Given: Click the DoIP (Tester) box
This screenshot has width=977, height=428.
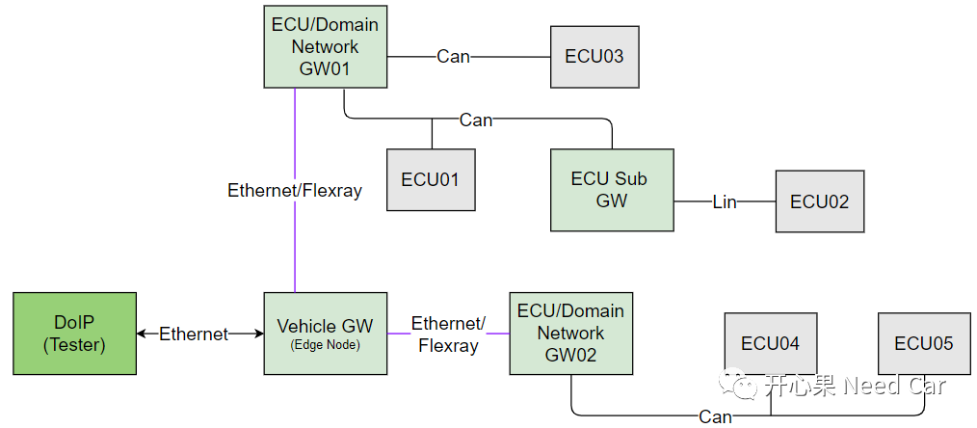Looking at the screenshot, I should tap(74, 334).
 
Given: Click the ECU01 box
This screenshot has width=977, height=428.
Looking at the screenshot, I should tap(431, 179).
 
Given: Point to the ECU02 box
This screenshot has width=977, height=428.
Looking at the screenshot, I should tap(819, 201).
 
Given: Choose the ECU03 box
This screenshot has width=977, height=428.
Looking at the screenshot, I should tap(594, 56).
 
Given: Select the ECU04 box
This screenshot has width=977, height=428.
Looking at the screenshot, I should tap(770, 344).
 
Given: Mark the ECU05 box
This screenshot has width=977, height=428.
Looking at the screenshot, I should tap(923, 344).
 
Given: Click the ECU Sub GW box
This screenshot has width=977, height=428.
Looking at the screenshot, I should tap(612, 190).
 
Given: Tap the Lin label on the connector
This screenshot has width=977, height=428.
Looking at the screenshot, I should tap(725, 201).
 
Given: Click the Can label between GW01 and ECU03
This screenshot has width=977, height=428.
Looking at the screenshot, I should tap(453, 56).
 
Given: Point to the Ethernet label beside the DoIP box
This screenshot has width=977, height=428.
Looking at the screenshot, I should tap(194, 334).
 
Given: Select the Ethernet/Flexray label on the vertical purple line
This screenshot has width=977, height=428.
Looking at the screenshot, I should tap(295, 190).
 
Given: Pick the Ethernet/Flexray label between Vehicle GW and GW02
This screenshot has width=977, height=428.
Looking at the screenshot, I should tap(448, 334).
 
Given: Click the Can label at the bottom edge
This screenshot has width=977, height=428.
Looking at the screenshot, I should tap(715, 416).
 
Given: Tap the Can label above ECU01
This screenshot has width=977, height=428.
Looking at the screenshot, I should tap(476, 120).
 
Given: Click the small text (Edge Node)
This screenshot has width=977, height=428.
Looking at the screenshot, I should tap(325, 345).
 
